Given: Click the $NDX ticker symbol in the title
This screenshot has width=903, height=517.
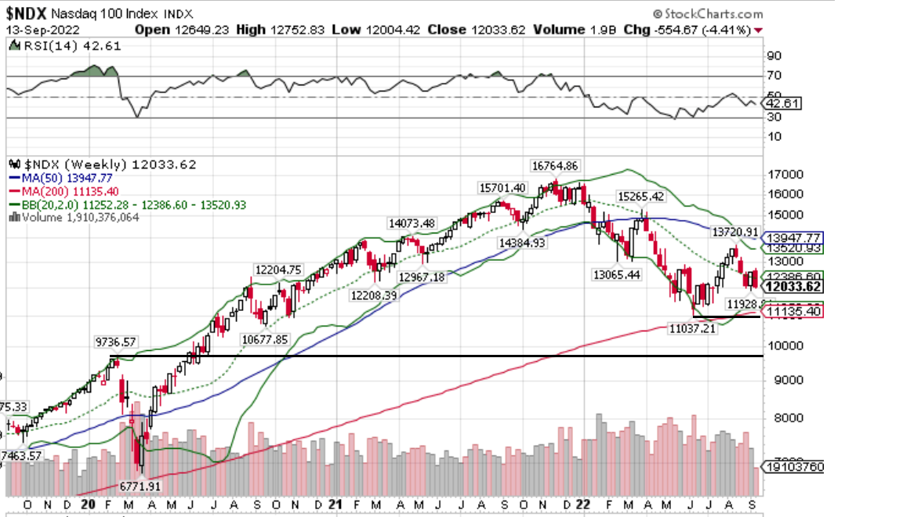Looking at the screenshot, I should (29, 13).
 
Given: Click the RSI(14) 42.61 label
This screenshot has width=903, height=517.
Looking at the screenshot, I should (56, 45).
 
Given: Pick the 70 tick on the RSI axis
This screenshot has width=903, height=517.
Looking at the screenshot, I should (774, 76).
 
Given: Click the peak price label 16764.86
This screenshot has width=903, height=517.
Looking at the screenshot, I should (554, 165).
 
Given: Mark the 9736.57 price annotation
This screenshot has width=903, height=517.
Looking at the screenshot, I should (116, 342).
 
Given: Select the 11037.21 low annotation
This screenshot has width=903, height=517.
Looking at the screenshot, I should (691, 330).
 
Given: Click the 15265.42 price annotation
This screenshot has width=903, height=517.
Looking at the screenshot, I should (640, 196).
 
